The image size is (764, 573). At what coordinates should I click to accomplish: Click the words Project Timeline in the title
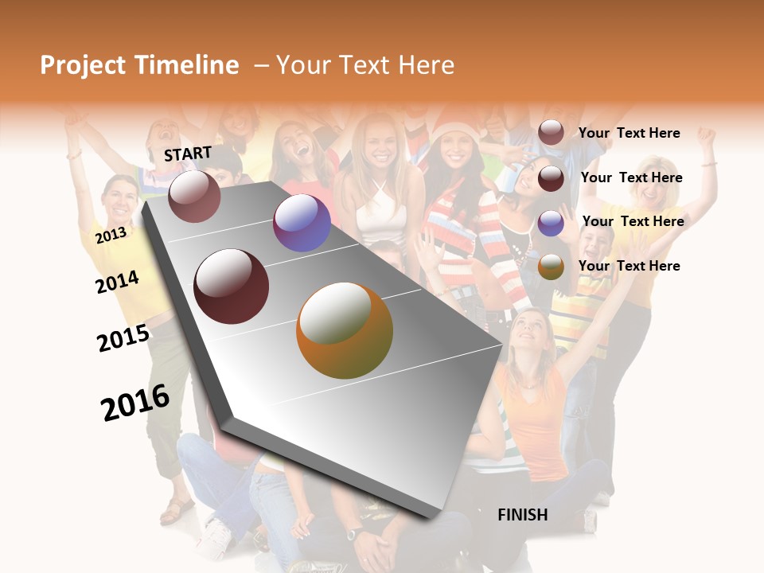tap(139, 65)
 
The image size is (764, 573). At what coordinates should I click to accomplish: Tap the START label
tap(188, 154)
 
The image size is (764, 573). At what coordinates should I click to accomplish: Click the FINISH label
tap(522, 515)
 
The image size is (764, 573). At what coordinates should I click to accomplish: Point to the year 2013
tap(111, 236)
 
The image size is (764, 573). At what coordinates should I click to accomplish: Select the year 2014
tap(117, 282)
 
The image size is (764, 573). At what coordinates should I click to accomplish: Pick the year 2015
tap(123, 338)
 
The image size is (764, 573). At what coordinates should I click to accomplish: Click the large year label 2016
tap(135, 403)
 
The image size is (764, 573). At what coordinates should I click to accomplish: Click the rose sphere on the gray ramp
tap(194, 196)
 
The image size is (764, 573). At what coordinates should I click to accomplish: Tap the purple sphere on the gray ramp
tap(302, 223)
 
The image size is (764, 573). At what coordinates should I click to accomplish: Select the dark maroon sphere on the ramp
tap(232, 286)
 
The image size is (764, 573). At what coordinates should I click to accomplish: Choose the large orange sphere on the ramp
tap(345, 330)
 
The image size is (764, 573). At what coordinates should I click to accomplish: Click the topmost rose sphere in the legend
tap(551, 132)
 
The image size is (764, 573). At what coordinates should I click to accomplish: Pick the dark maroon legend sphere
tap(551, 178)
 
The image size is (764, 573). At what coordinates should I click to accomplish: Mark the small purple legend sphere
tap(551, 223)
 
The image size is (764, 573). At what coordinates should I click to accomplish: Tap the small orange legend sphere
tap(551, 267)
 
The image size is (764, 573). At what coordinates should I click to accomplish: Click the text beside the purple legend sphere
tap(633, 221)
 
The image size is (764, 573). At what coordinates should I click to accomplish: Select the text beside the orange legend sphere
tap(629, 266)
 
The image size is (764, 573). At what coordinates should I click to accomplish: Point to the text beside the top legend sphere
tap(629, 133)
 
